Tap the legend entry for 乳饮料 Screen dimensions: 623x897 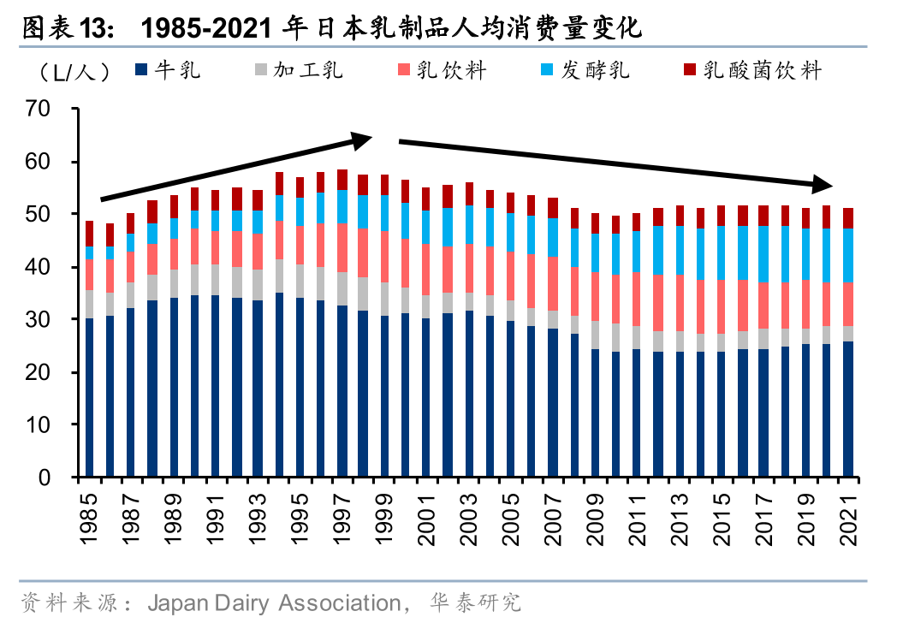coord(442,70)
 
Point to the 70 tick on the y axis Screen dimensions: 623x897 coord(39,110)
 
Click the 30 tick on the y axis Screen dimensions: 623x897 coord(39,319)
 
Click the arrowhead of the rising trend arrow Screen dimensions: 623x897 coord(365,138)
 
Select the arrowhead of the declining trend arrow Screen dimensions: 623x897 coord(823,184)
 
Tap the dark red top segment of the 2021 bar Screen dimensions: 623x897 coord(848,218)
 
